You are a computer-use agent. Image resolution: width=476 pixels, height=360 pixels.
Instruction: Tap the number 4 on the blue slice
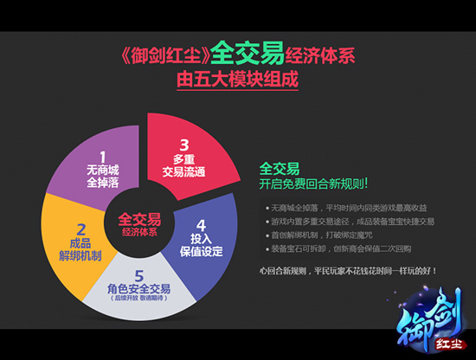click(202, 214)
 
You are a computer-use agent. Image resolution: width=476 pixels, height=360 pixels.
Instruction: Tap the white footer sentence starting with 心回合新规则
click(347, 270)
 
